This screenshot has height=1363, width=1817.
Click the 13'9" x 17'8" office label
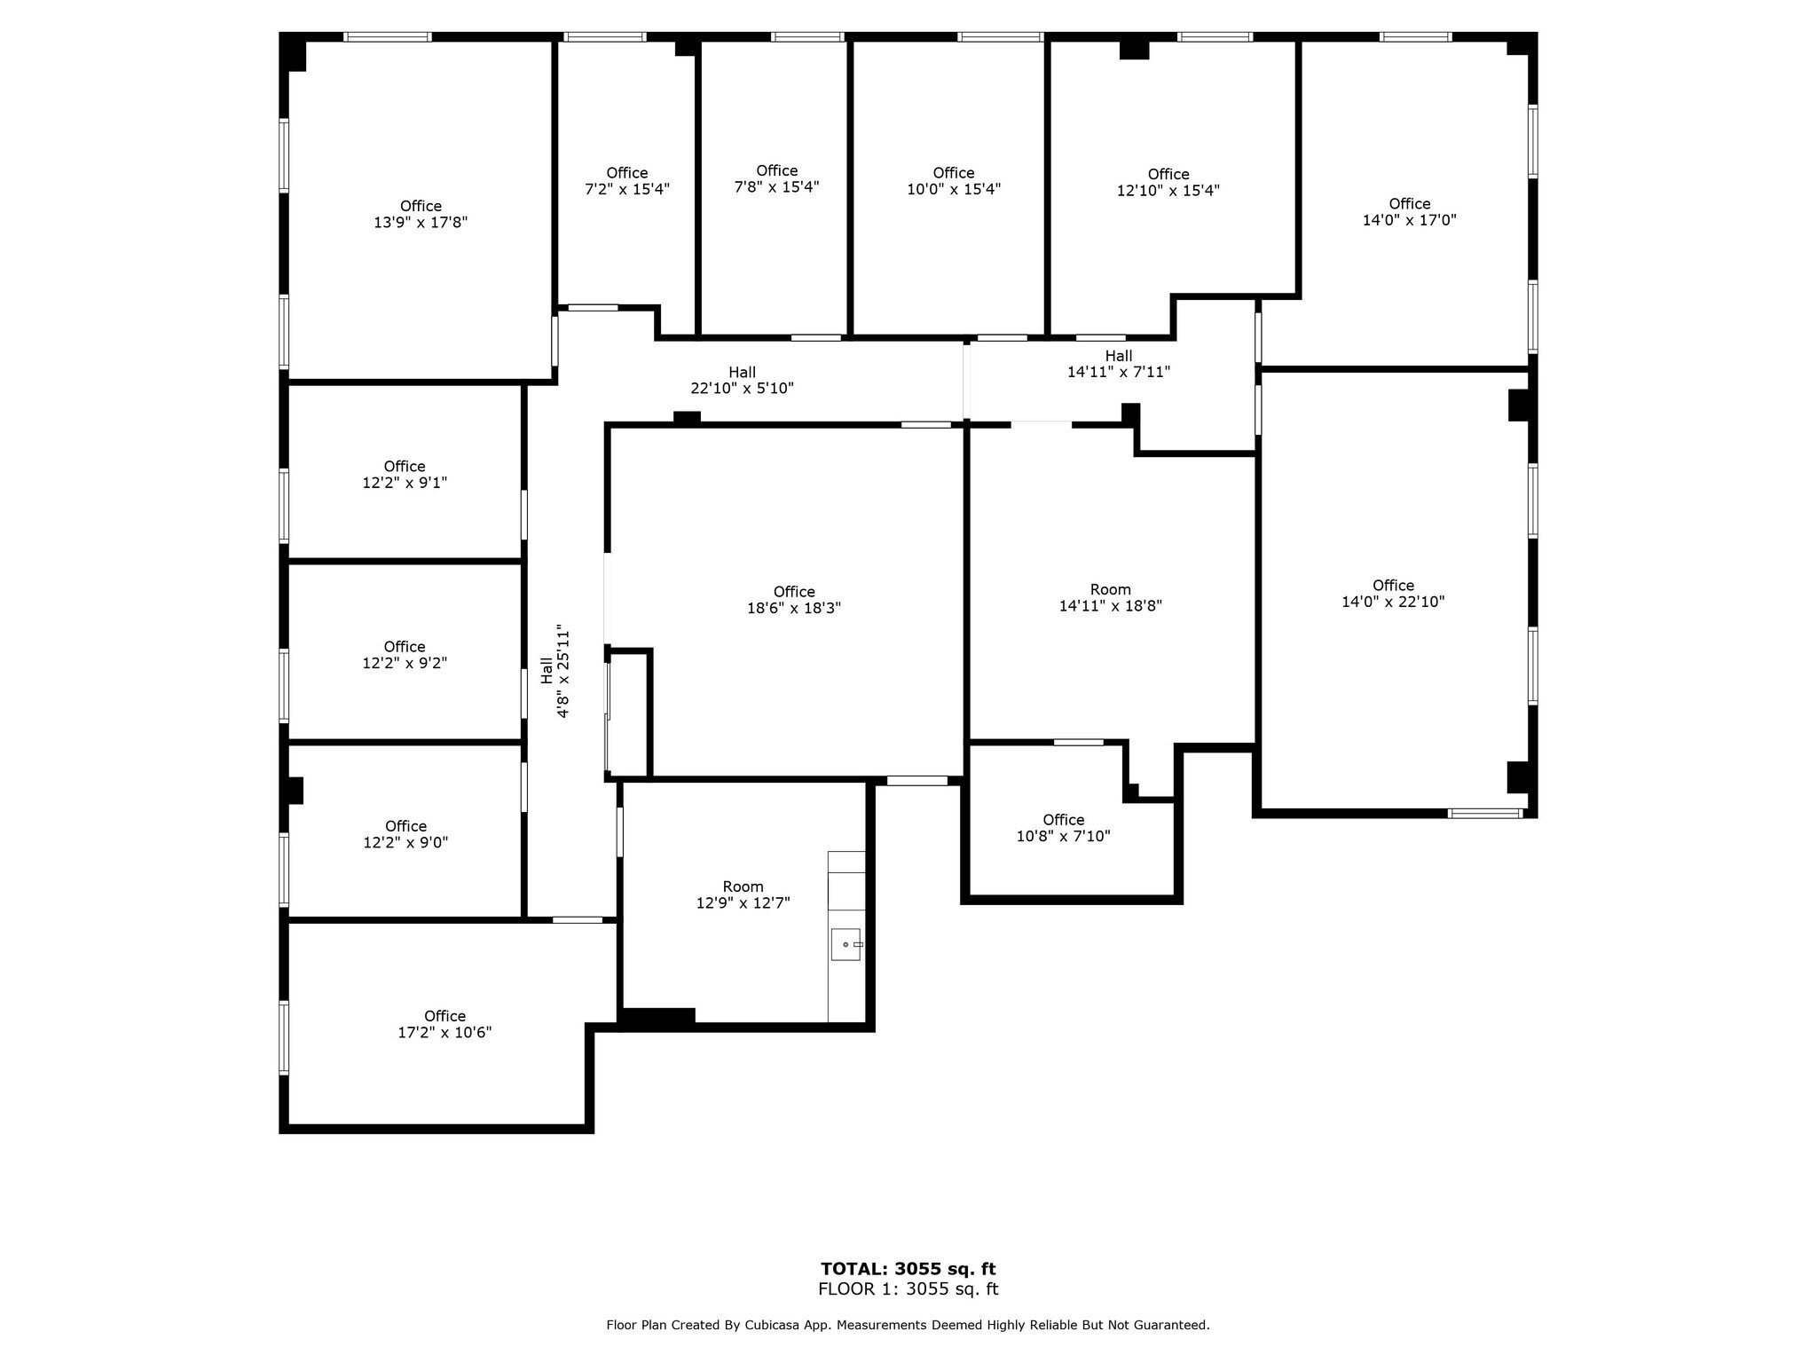[421, 215]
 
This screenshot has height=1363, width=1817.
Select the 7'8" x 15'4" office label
[776, 179]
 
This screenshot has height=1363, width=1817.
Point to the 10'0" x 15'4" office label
[954, 181]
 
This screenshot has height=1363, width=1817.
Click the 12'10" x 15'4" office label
[1168, 182]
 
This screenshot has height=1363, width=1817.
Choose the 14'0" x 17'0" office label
[1409, 212]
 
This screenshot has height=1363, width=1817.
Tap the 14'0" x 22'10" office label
[1393, 594]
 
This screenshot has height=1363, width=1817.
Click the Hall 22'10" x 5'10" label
[742, 381]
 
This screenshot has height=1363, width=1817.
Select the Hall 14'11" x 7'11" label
[1118, 365]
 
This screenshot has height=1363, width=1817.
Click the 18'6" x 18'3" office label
[794, 600]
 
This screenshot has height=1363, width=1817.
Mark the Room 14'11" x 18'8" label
[1110, 598]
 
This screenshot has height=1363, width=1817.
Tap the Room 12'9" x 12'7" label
[743, 894]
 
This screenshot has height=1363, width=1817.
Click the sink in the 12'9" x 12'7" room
[846, 944]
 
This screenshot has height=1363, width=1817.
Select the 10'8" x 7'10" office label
[1063, 828]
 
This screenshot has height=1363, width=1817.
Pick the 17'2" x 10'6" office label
[444, 1024]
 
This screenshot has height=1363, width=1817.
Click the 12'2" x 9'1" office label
[405, 475]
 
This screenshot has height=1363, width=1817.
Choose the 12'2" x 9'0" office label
[405, 834]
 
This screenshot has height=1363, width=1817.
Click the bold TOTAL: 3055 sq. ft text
[908, 1269]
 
